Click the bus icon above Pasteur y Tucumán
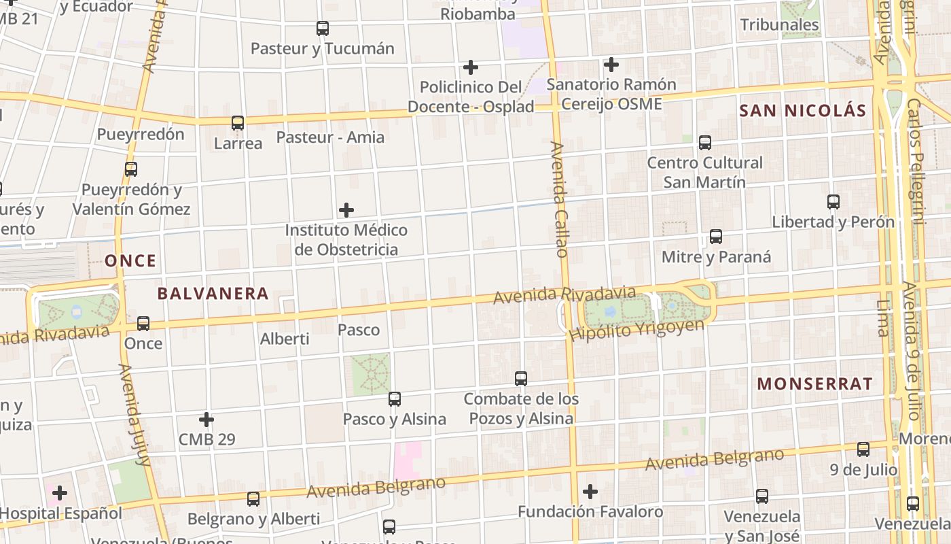(x=323, y=29)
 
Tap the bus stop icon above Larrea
(x=238, y=123)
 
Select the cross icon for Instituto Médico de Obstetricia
(x=346, y=209)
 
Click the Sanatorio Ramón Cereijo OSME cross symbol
(x=611, y=65)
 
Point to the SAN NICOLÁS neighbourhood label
(x=802, y=111)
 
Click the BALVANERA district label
(x=213, y=294)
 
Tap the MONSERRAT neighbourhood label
(x=814, y=384)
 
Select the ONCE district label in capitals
(x=130, y=260)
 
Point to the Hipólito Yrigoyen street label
(x=637, y=330)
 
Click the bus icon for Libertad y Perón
(x=833, y=202)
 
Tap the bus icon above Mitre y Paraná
(x=716, y=237)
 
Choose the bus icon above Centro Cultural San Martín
(x=705, y=143)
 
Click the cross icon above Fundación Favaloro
(x=590, y=491)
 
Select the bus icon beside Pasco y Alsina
(x=395, y=399)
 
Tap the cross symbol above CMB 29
(x=207, y=420)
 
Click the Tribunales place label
(x=779, y=25)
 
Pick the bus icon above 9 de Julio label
(x=863, y=449)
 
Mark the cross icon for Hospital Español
(x=60, y=492)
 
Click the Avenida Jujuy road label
(x=134, y=415)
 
